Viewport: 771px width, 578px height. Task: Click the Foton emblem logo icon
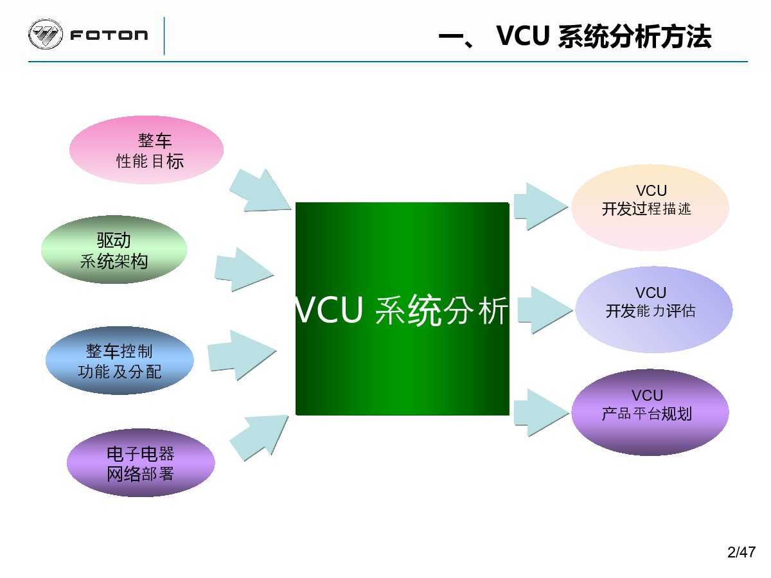pos(46,34)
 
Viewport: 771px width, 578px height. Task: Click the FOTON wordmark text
pos(109,35)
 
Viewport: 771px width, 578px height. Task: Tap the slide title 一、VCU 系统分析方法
pos(574,36)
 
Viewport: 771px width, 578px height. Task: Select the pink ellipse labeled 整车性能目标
pos(146,150)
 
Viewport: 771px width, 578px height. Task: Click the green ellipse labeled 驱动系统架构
pos(114,250)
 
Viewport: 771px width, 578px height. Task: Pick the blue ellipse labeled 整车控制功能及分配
pos(120,360)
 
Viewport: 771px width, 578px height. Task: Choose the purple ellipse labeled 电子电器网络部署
pos(141,462)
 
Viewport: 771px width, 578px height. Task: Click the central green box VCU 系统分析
pos(402,309)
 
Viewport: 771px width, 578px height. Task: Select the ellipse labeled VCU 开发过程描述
pos(650,207)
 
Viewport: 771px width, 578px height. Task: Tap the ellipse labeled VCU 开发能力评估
pos(653,310)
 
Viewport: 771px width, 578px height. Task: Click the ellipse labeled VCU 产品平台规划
pos(650,412)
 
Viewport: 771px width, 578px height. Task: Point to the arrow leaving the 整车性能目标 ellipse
pos(260,191)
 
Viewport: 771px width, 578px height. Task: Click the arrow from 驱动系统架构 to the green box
pos(244,270)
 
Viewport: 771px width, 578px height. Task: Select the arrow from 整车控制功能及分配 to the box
pos(242,355)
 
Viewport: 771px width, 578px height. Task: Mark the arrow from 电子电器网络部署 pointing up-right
pos(259,437)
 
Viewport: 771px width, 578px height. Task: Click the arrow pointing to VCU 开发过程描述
pos(540,206)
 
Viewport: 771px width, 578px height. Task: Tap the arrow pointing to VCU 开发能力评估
pos(545,310)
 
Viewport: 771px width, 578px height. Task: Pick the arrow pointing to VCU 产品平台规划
pos(541,413)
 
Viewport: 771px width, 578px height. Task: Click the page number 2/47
pos(741,552)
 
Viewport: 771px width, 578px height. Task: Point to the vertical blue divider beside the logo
pos(164,36)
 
